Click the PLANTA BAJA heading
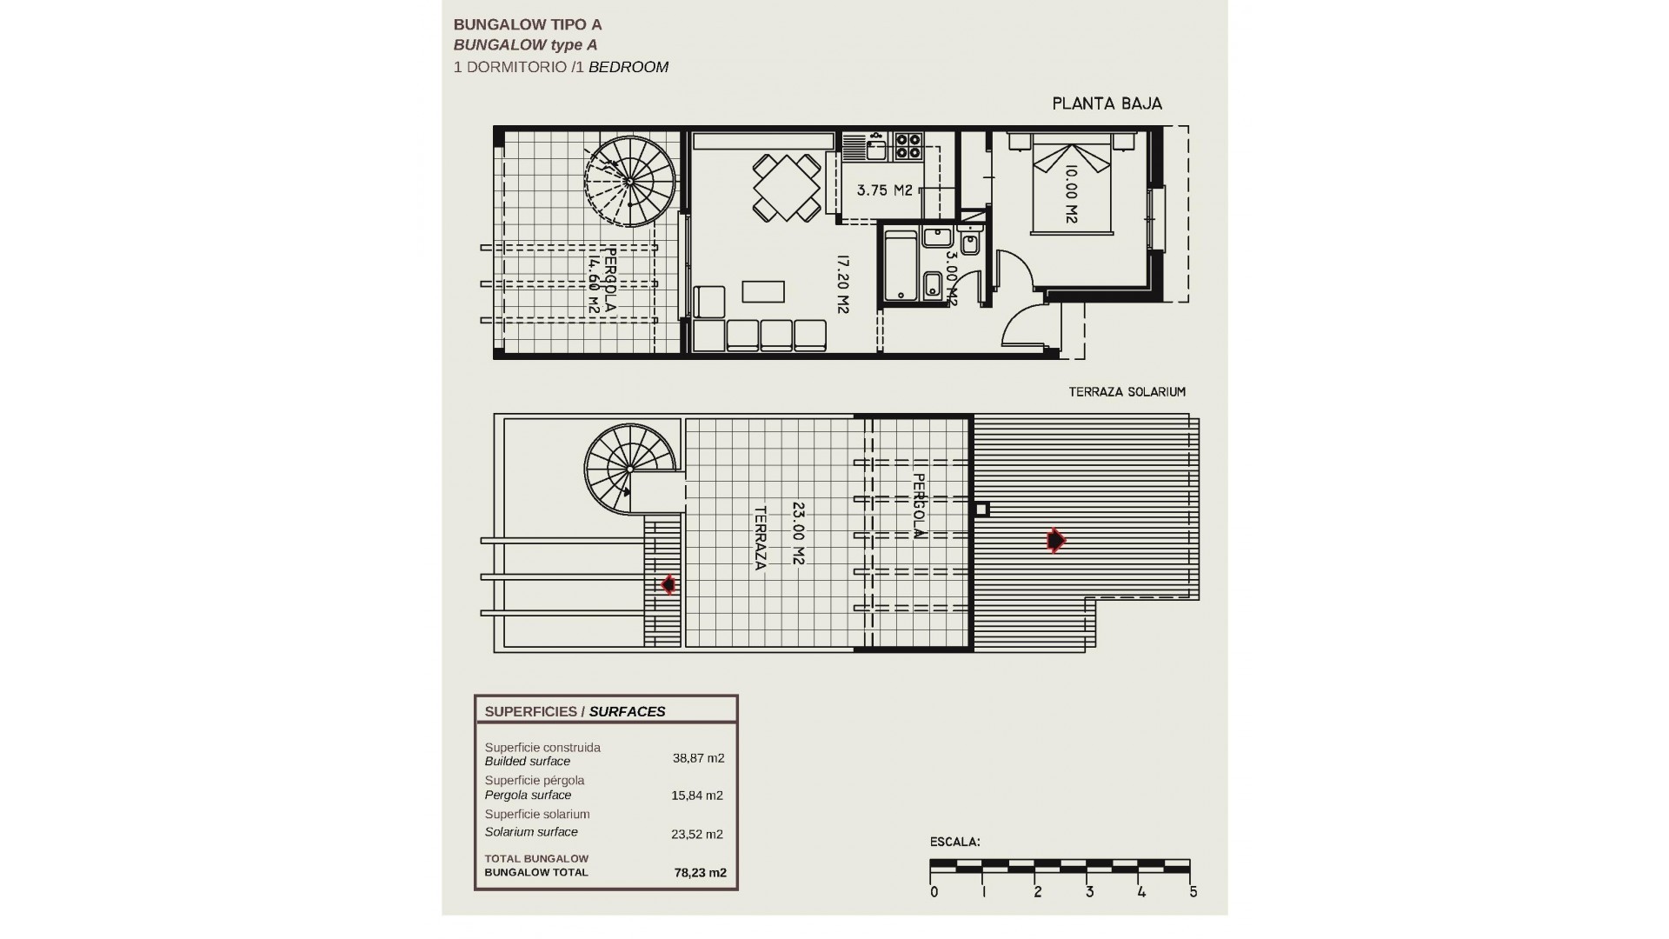1107,104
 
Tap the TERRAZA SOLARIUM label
1127,392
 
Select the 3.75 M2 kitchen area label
884,190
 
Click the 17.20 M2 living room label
841,283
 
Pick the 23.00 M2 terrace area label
798,532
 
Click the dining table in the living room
787,188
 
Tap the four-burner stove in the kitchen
908,145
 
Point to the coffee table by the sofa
763,291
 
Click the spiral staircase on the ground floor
629,181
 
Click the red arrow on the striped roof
1055,541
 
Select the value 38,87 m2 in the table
698,758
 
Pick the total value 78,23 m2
700,873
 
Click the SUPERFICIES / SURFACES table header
575,711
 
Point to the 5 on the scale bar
1193,892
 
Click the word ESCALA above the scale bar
954,842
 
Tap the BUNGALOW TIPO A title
528,25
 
